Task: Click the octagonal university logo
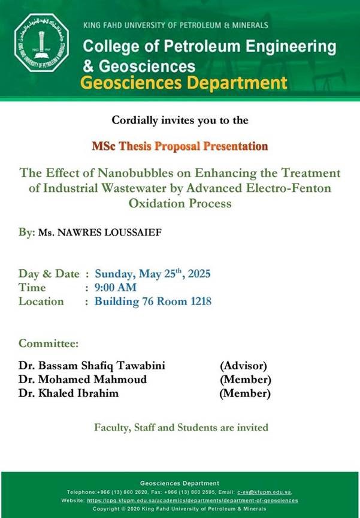tap(41, 43)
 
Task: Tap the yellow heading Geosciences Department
tap(184, 83)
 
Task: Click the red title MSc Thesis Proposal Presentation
tap(180, 146)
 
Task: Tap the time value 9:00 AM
tap(115, 287)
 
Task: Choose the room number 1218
tap(201, 302)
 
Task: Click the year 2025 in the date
tap(199, 274)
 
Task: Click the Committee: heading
tap(49, 344)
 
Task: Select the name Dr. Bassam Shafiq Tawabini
tap(92, 366)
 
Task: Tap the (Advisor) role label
tap(244, 366)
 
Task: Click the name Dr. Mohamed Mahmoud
tap(83, 380)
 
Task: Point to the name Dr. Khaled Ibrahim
tap(68, 393)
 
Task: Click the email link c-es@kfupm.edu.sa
tap(264, 492)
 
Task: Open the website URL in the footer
tap(192, 501)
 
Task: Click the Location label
tap(41, 302)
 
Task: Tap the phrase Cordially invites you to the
tap(180, 120)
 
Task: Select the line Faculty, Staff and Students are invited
tap(181, 427)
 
